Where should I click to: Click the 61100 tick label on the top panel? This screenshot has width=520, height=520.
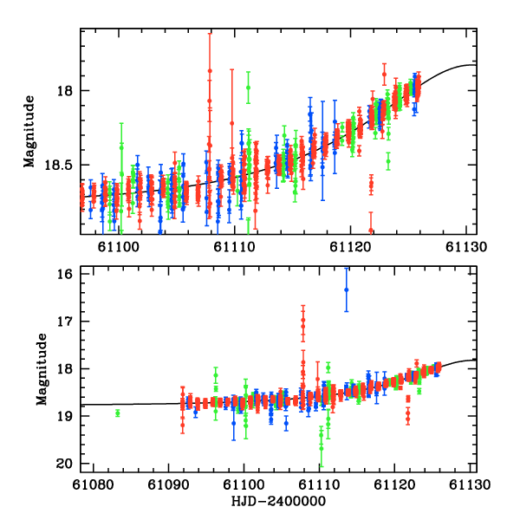pos(117,246)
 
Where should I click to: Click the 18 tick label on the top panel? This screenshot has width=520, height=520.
pos(64,90)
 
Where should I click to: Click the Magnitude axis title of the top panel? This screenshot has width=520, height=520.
pos(29,132)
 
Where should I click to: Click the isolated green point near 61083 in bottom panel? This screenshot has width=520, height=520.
pos(117,413)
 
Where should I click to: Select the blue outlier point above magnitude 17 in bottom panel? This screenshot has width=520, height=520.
pos(346,289)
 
